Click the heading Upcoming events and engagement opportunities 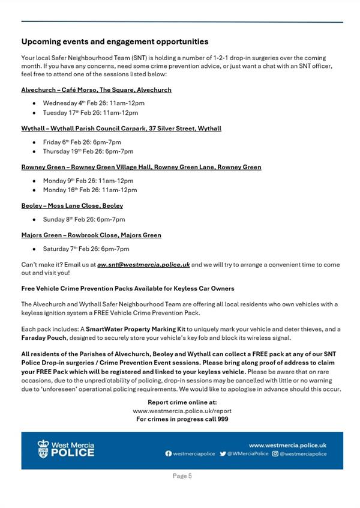click(x=115, y=42)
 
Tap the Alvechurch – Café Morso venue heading click(x=96, y=90)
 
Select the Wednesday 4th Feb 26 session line click(x=94, y=103)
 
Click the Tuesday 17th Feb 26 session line click(x=90, y=112)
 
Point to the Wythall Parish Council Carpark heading click(x=121, y=129)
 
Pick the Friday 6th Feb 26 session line click(x=82, y=142)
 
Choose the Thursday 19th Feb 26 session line click(x=88, y=151)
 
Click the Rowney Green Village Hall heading click(x=141, y=167)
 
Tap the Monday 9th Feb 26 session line click(x=88, y=180)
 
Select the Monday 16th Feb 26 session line click(x=90, y=190)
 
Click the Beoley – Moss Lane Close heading click(x=72, y=205)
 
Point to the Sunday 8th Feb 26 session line click(x=84, y=219)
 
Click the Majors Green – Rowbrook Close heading click(x=91, y=235)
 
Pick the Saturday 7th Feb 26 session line click(x=86, y=249)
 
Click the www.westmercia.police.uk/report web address click(x=182, y=411)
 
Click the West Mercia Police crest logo click(x=43, y=449)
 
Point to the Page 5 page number click(x=182, y=476)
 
